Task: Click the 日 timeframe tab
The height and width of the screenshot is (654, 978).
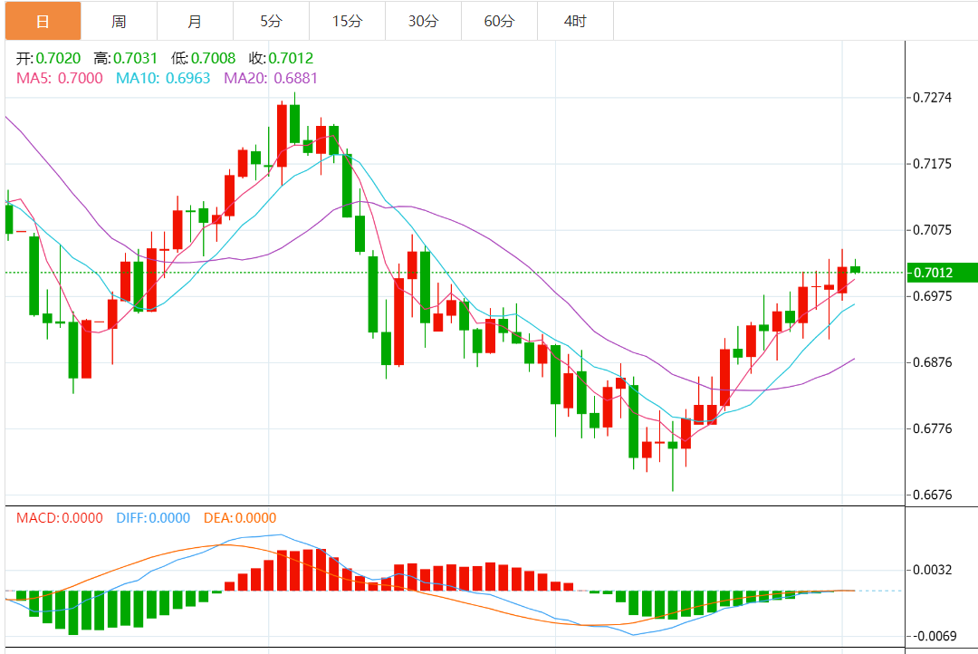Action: click(x=43, y=21)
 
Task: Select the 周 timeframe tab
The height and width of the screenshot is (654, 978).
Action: click(x=119, y=21)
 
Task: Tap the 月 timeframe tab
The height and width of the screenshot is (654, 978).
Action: click(x=195, y=21)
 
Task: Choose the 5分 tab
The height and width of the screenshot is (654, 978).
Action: click(x=271, y=21)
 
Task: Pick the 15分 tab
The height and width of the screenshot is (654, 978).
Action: click(x=347, y=21)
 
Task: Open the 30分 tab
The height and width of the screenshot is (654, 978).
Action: click(x=423, y=21)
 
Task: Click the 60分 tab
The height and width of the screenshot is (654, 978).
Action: click(x=499, y=21)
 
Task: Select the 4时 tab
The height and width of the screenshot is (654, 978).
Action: click(x=575, y=21)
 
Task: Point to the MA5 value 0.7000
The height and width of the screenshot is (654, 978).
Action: click(x=80, y=78)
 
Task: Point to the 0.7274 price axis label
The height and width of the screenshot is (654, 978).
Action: click(x=933, y=97)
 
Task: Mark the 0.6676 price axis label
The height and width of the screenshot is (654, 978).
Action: click(x=933, y=495)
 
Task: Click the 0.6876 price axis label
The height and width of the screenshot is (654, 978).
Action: click(x=933, y=362)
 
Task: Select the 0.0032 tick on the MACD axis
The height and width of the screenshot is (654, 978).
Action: click(x=933, y=570)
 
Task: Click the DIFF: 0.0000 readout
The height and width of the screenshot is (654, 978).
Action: click(x=153, y=518)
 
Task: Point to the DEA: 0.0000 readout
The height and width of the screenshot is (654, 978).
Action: click(x=239, y=518)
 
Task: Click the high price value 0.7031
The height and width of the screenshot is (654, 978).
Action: click(x=136, y=59)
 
